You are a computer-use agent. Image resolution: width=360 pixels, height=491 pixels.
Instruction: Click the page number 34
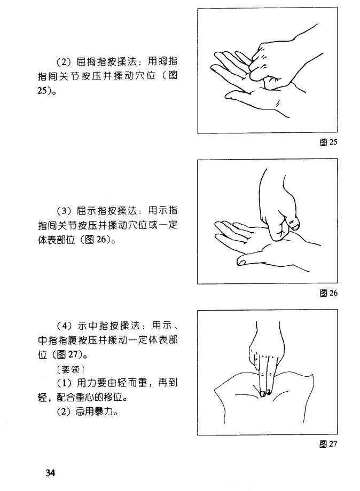50,472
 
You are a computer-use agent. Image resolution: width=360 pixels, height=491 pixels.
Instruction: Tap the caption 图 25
328,142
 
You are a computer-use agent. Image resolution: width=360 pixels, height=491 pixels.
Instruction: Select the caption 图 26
328,293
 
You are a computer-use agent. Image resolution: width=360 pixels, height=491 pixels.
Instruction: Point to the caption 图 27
328,444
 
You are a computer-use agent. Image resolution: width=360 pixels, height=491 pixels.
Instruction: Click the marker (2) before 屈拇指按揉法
64,62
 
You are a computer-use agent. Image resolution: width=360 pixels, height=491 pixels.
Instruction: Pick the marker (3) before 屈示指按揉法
64,211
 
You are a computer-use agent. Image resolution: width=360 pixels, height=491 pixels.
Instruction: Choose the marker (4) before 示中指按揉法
64,326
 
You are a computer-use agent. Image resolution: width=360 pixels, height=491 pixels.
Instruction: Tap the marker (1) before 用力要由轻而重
64,383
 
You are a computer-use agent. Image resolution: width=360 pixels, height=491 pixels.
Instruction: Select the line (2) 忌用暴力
88,411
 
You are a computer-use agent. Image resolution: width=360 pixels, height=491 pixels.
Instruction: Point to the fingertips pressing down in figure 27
265,393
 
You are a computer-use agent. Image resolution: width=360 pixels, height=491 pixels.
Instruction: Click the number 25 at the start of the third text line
42,91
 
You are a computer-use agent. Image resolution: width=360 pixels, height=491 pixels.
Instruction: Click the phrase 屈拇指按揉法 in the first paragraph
106,62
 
